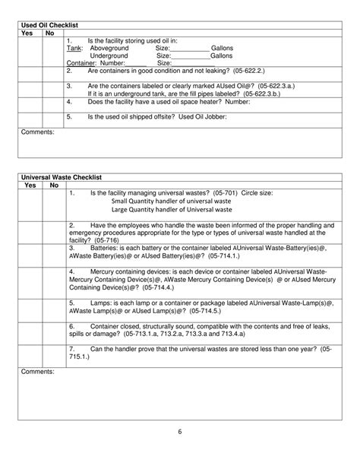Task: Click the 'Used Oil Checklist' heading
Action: [49, 26]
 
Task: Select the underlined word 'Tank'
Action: [74, 48]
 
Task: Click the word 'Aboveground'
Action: [109, 48]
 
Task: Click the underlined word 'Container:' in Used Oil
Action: [82, 63]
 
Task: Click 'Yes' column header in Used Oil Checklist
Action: [27, 33]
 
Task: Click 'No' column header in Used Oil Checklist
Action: [50, 33]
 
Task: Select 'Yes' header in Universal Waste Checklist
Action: [30, 185]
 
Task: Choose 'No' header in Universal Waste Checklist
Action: [54, 185]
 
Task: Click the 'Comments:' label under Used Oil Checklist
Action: [37, 132]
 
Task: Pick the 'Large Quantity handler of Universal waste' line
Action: [172, 209]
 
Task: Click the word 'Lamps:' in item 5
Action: [102, 303]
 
